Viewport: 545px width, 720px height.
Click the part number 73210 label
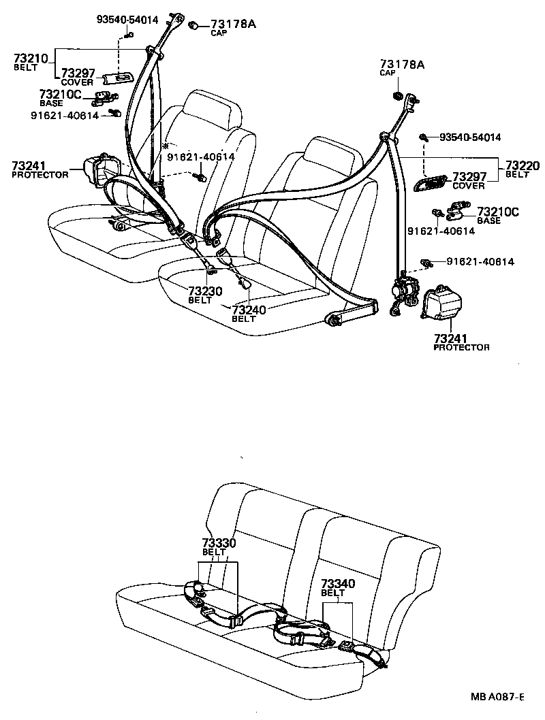pyautogui.click(x=31, y=59)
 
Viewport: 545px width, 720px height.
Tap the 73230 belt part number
pyautogui.click(x=204, y=291)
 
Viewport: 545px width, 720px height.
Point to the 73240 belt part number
pyautogui.click(x=247, y=310)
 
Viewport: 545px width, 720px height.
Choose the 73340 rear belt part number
pyautogui.click(x=339, y=584)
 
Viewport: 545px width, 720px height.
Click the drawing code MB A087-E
pyautogui.click(x=497, y=696)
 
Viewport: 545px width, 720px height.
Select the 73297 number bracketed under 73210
pyautogui.click(x=78, y=73)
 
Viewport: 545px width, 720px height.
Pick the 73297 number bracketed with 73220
pyautogui.click(x=469, y=177)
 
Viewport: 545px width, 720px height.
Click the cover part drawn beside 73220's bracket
pyautogui.click(x=426, y=182)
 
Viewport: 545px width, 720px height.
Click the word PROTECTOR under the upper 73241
pyautogui.click(x=40, y=175)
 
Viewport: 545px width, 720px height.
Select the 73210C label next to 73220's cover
pyautogui.click(x=498, y=212)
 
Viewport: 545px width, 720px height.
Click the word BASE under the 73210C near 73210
pyautogui.click(x=50, y=103)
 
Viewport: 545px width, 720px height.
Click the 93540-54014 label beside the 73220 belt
pyautogui.click(x=469, y=137)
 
